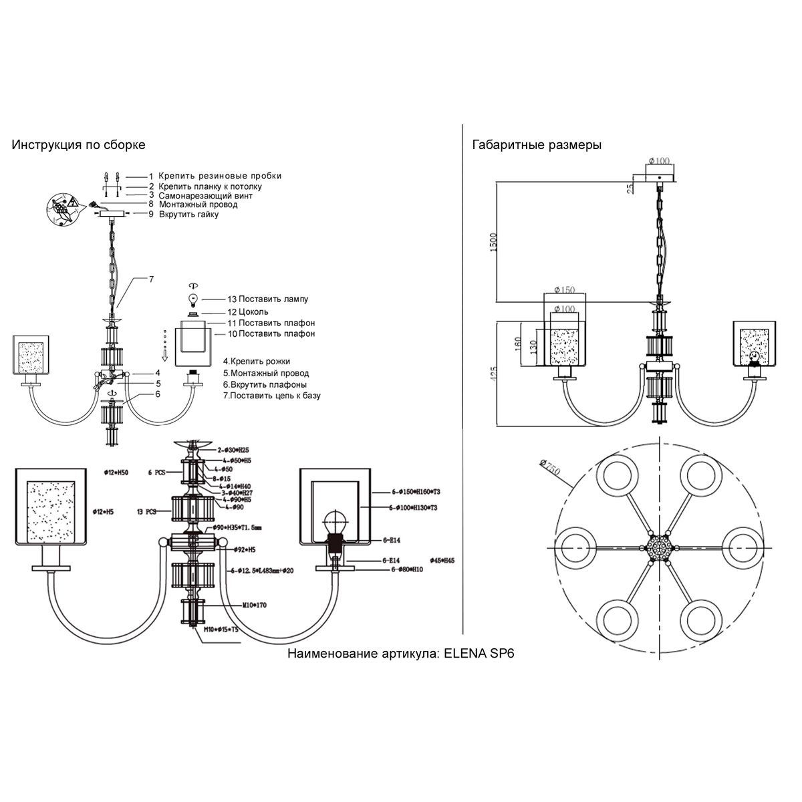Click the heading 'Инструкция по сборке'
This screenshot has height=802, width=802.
pyautogui.click(x=78, y=145)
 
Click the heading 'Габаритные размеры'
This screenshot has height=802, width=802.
pyautogui.click(x=537, y=145)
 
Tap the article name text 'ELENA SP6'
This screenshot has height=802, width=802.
pyautogui.click(x=479, y=654)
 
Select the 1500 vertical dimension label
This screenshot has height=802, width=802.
pyautogui.click(x=493, y=241)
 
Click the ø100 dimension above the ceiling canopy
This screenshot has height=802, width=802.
pyautogui.click(x=659, y=160)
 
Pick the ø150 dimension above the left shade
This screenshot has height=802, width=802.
pyautogui.click(x=565, y=290)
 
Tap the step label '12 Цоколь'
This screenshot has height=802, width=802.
pyautogui.click(x=248, y=311)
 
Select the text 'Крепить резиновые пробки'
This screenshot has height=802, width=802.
pyautogui.click(x=220, y=176)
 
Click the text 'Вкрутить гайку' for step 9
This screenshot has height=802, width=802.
pyautogui.click(x=188, y=215)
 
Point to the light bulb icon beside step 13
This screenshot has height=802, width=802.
pyautogui.click(x=194, y=297)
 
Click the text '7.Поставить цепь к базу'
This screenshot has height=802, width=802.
pyautogui.click(x=272, y=395)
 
